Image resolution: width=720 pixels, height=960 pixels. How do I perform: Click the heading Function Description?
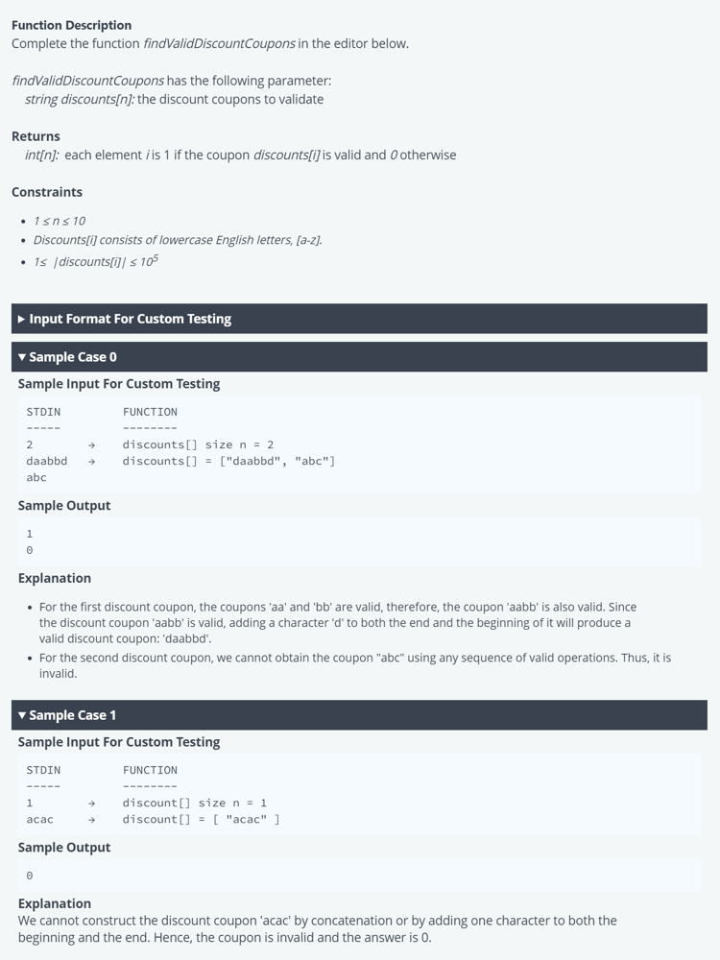[71, 25]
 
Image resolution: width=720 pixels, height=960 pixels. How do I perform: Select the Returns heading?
[36, 136]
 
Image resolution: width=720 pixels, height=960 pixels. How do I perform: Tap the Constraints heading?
[47, 192]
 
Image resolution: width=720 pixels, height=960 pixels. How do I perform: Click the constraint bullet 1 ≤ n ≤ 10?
[60, 221]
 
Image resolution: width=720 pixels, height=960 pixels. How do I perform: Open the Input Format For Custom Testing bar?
[130, 319]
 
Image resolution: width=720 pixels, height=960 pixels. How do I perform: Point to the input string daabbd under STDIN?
[47, 461]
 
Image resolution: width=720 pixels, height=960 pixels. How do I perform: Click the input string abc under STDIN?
[36, 477]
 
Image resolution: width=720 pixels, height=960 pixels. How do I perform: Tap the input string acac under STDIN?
[40, 819]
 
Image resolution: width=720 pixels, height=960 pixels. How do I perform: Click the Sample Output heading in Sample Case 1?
[64, 848]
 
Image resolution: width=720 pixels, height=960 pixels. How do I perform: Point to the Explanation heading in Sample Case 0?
[55, 578]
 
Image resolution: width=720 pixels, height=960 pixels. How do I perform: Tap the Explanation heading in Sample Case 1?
[55, 903]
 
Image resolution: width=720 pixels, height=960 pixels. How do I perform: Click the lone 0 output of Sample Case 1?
[30, 876]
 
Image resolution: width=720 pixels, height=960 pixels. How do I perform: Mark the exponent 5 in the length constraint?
[155, 257]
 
